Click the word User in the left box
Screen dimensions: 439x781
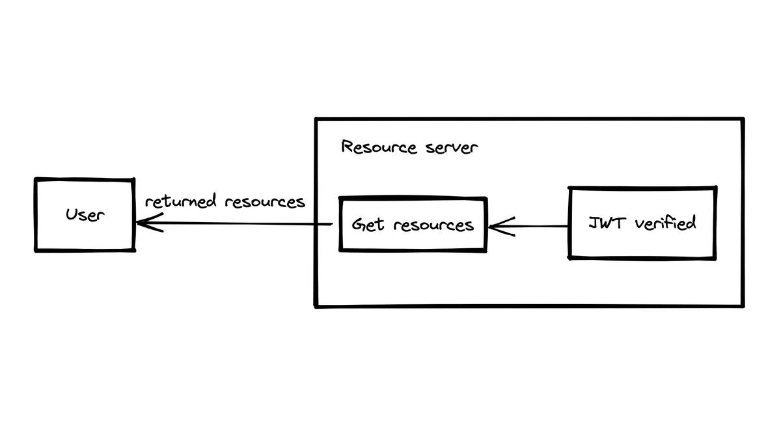click(x=85, y=215)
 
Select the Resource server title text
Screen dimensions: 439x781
click(x=409, y=147)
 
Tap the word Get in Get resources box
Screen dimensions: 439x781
click(x=368, y=225)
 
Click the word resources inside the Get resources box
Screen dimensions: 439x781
click(x=433, y=225)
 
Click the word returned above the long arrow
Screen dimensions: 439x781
click(x=181, y=201)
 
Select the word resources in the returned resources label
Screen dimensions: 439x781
click(x=265, y=201)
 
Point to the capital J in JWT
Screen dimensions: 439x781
click(x=594, y=223)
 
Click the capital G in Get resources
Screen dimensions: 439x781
click(x=359, y=225)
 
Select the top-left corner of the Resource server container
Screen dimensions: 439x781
click(x=316, y=119)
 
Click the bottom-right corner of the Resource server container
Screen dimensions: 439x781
click(x=743, y=305)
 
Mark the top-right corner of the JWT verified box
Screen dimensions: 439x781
click(x=716, y=188)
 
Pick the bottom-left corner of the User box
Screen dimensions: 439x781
click(x=36, y=250)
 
